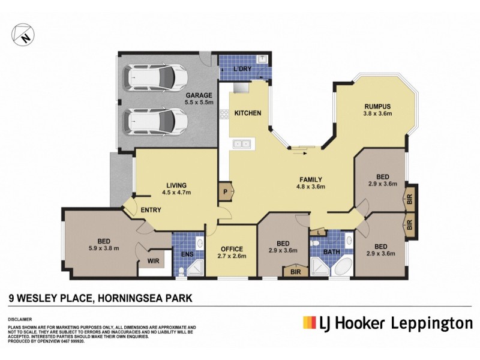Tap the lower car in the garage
click(x=155, y=122)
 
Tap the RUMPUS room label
click(x=377, y=106)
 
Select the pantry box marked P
click(x=226, y=191)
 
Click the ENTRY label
click(x=151, y=210)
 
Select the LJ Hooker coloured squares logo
click(x=310, y=323)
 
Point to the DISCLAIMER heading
click(x=19, y=319)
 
